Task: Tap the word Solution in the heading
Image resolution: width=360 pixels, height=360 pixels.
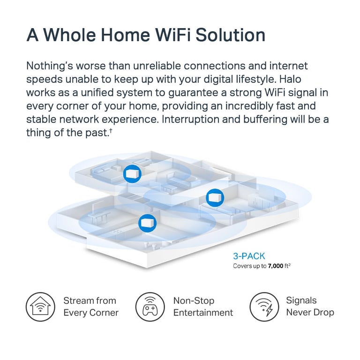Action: pyautogui.click(x=231, y=35)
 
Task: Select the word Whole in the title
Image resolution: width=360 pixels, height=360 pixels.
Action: pyautogui.click(x=69, y=35)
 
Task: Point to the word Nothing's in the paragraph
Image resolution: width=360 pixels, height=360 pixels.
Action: pyautogui.click(x=50, y=66)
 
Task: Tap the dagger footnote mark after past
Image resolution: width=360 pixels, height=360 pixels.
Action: pyautogui.click(x=111, y=130)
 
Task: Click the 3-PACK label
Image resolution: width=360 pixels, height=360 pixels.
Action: pyautogui.click(x=249, y=256)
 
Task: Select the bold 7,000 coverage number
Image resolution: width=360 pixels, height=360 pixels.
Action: pyautogui.click(x=276, y=266)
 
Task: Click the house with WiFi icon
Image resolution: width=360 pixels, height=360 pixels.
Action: pyautogui.click(x=40, y=307)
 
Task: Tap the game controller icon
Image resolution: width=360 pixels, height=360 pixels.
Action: pyautogui.click(x=150, y=307)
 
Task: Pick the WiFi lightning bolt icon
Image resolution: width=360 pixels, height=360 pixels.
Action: pyautogui.click(x=264, y=307)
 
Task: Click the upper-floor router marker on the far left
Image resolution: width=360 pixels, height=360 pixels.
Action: pyautogui.click(x=132, y=174)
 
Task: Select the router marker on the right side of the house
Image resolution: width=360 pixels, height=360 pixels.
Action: pyautogui.click(x=215, y=198)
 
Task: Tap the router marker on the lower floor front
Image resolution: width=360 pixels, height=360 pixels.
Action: pyautogui.click(x=147, y=223)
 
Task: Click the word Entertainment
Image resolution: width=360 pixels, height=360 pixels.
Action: pyautogui.click(x=203, y=313)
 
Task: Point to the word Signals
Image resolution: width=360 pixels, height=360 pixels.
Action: pyautogui.click(x=301, y=301)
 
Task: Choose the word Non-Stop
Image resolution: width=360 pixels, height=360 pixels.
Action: pyautogui.click(x=194, y=301)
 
